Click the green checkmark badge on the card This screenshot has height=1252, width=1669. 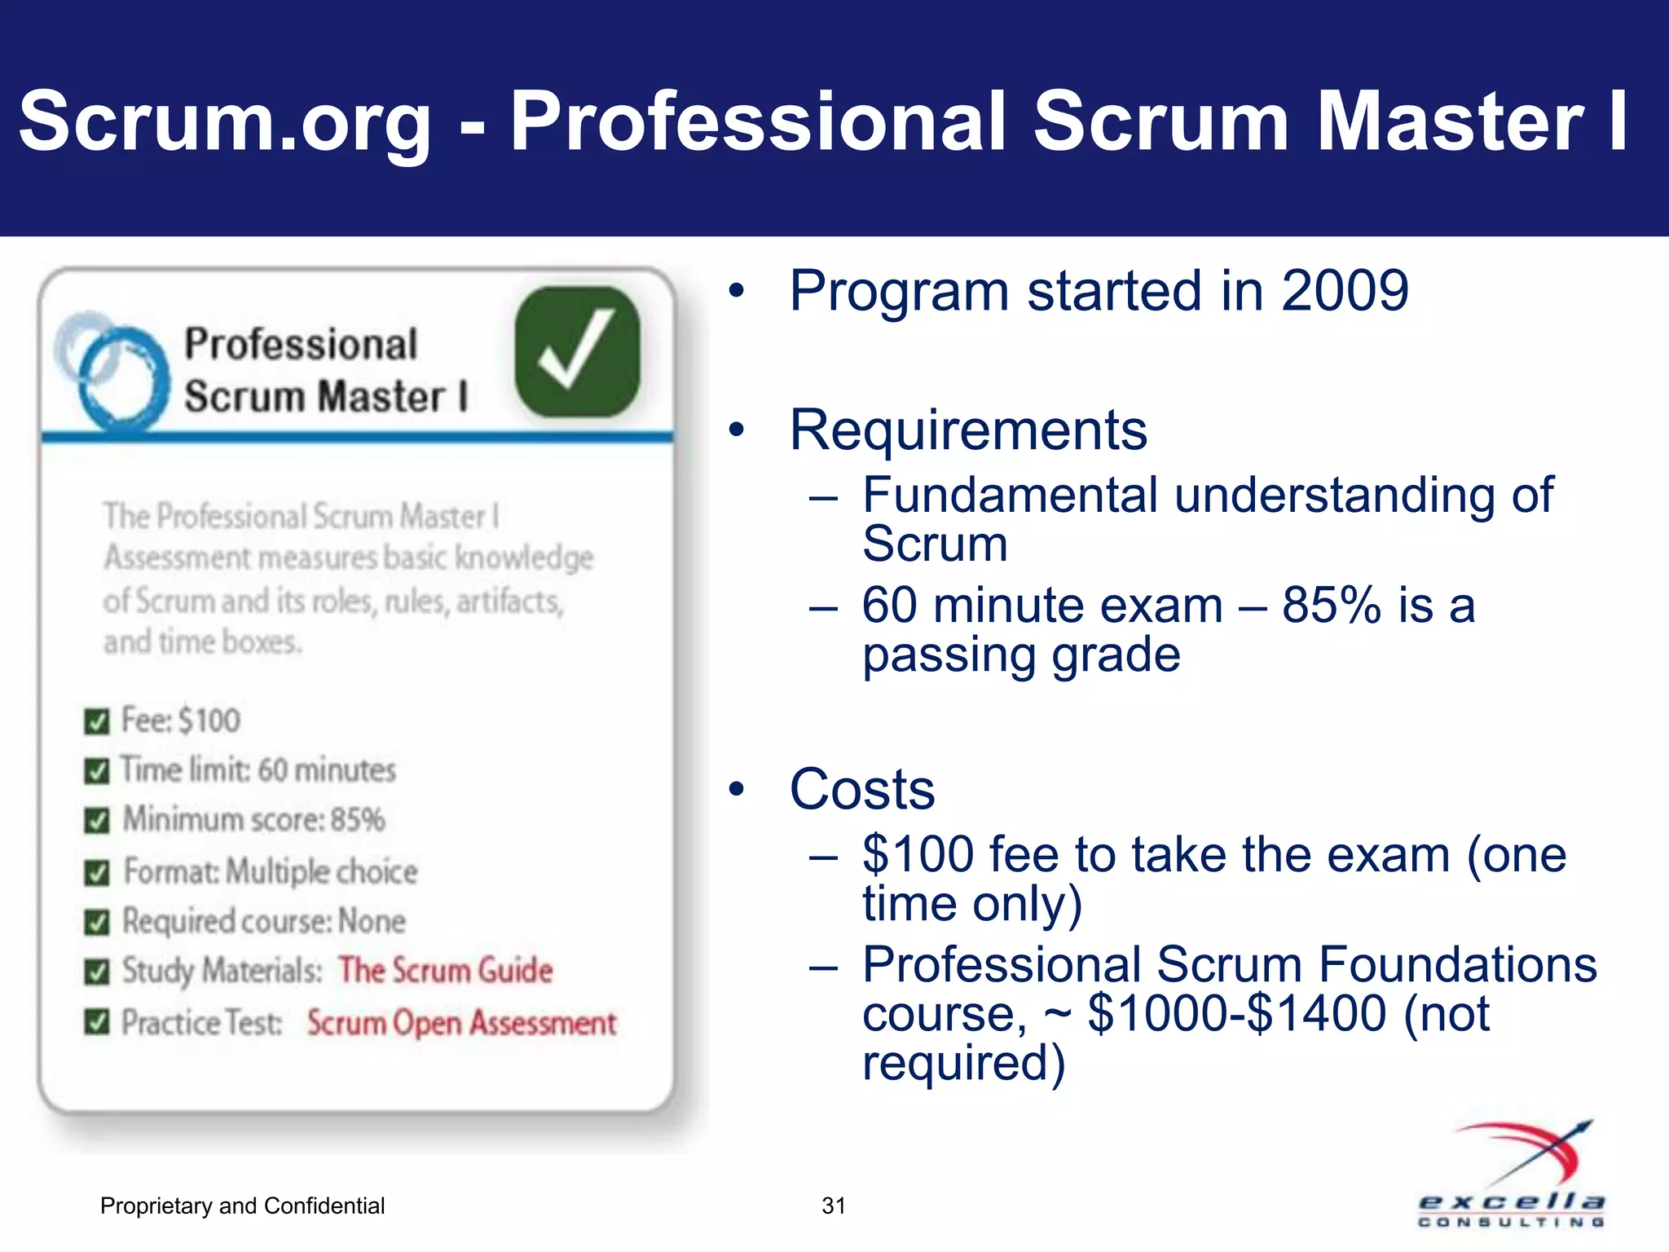click(x=577, y=352)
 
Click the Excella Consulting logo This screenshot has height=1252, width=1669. click(x=1513, y=1174)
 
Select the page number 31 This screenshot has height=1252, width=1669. click(x=833, y=1206)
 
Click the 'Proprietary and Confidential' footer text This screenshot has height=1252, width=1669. click(x=242, y=1206)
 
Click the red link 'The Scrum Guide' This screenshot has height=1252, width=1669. click(x=445, y=970)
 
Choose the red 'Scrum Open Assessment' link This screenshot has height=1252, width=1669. click(x=461, y=1022)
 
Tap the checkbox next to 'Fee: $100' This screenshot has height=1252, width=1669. click(x=97, y=721)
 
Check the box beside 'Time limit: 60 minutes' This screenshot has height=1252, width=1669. click(x=97, y=771)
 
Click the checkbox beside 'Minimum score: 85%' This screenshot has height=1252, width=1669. click(x=97, y=821)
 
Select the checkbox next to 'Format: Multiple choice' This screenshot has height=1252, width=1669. click(x=97, y=873)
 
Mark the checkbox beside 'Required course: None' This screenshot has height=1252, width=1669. click(x=97, y=923)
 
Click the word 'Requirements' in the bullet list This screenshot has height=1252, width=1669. click(x=968, y=430)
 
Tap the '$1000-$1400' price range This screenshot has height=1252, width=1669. click(x=1237, y=1013)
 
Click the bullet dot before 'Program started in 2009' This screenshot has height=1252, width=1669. click(x=737, y=291)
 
